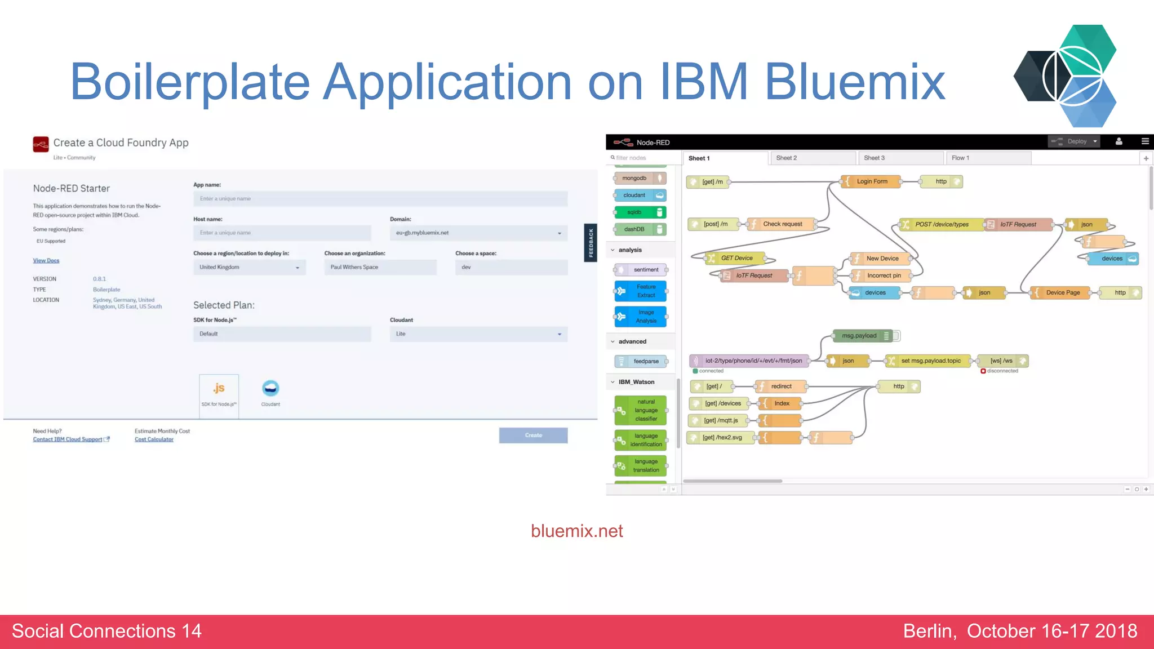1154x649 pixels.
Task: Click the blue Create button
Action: (x=533, y=435)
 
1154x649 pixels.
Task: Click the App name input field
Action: (x=380, y=198)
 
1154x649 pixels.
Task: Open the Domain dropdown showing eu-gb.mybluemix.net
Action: (x=478, y=233)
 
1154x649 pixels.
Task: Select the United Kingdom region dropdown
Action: (x=249, y=267)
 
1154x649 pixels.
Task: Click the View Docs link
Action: (x=46, y=260)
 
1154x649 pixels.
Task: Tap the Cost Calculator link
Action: (x=154, y=439)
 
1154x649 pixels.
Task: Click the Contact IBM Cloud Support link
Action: (x=68, y=439)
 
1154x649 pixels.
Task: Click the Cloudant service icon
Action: (x=270, y=388)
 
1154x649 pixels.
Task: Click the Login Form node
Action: (x=871, y=181)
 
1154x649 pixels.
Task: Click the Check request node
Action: (x=782, y=224)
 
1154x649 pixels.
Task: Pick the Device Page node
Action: (x=1062, y=292)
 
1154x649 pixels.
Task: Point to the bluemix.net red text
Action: (x=576, y=531)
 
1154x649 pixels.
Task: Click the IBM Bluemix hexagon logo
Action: (x=1066, y=76)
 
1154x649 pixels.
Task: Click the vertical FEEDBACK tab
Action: (x=591, y=243)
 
